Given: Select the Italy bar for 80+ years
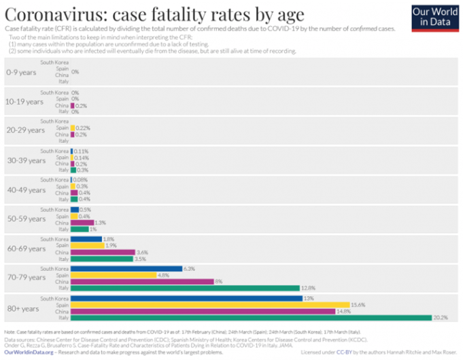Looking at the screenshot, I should [251, 317].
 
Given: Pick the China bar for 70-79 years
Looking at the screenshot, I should [142, 281].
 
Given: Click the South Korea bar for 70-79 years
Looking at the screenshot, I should [126, 268].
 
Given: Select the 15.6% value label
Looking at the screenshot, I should [358, 304].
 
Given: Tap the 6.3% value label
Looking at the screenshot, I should [190, 268].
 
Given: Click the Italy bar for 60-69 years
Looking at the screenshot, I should [102, 258].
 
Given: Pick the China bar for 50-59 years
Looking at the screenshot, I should [82, 222].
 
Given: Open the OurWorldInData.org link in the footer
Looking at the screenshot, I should [29, 353].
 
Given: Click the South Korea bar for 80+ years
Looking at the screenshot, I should [187, 298].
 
